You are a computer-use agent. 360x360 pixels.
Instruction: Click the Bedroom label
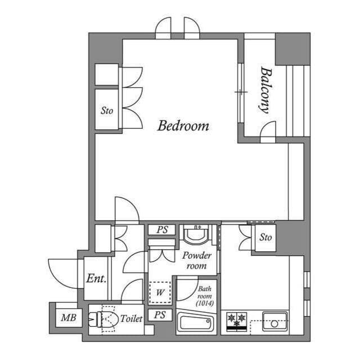point(183,126)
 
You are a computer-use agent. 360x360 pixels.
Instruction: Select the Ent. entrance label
point(96,278)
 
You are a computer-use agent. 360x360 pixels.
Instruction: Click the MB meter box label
point(69,318)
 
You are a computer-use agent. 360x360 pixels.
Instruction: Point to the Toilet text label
point(131,319)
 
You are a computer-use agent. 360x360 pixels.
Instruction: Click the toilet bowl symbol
point(103,319)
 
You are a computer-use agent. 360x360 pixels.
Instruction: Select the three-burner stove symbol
point(237,321)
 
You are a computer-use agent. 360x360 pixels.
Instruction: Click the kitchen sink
point(275,321)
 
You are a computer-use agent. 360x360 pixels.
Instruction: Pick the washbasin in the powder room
point(197,235)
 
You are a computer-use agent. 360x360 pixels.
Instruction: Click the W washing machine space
point(160,292)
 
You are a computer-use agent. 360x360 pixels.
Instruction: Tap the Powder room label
point(197,260)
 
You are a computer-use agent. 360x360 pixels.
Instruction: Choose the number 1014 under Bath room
point(205,303)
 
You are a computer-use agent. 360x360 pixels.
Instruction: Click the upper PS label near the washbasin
point(163,230)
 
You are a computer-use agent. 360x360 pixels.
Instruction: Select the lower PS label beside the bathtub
point(160,315)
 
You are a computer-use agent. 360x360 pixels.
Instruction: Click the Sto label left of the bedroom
point(107,111)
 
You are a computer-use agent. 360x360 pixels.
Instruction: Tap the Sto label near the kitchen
point(265,237)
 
